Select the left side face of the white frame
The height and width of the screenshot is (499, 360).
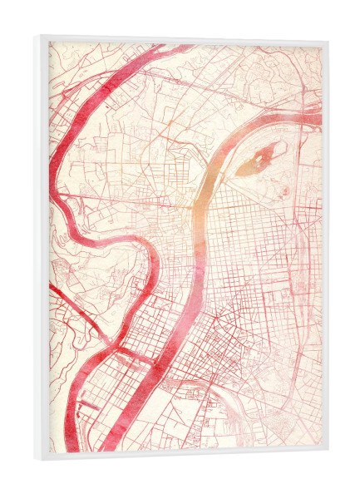pos(40,249)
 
